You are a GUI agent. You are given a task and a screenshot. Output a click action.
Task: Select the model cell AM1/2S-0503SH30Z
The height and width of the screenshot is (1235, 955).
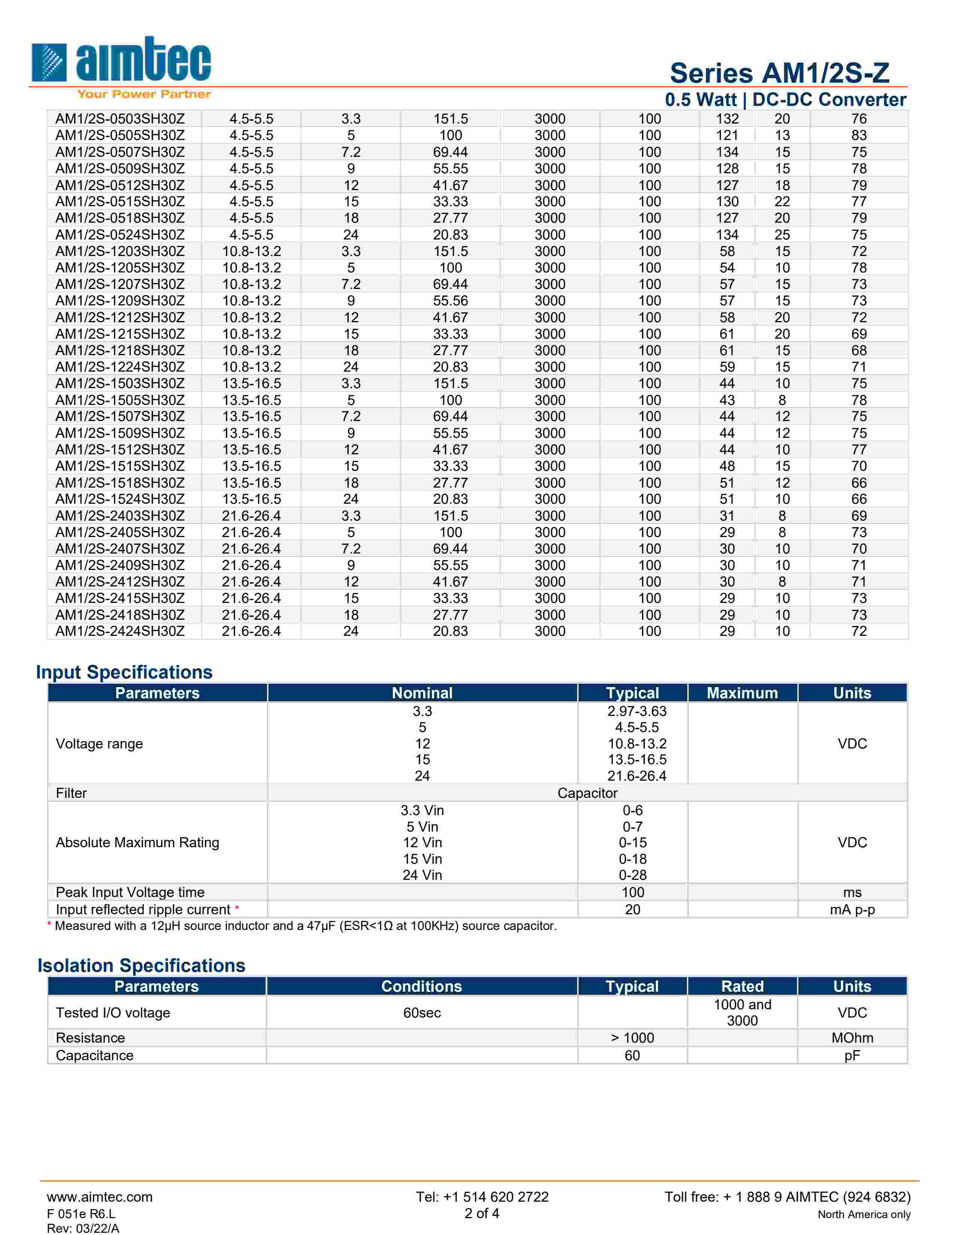pyautogui.click(x=120, y=119)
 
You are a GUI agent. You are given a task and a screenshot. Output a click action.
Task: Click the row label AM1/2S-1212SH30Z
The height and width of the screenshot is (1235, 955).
pyautogui.click(x=120, y=317)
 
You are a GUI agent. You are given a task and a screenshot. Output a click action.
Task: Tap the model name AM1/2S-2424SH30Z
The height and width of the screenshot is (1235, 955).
pyautogui.click(x=120, y=631)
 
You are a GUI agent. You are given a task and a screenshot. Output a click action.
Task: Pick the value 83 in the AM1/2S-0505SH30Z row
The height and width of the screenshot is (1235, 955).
pyautogui.click(x=859, y=135)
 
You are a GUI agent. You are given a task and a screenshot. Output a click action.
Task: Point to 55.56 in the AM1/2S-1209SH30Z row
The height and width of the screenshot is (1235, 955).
pyautogui.click(x=450, y=301)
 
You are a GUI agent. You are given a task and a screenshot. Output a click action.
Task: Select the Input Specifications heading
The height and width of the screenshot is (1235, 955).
pyautogui.click(x=124, y=672)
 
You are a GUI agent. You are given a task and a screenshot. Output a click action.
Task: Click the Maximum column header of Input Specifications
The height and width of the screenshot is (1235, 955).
pyautogui.click(x=742, y=693)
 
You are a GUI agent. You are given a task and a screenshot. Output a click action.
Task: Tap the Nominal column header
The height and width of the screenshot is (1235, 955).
pyautogui.click(x=422, y=693)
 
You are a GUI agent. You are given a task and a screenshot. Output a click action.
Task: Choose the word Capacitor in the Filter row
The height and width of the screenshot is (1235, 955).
pyautogui.click(x=587, y=793)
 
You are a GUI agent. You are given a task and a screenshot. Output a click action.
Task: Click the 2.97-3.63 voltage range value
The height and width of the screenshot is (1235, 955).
pyautogui.click(x=637, y=711)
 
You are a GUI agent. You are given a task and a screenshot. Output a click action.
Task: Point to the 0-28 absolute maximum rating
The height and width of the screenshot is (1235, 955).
pyautogui.click(x=633, y=875)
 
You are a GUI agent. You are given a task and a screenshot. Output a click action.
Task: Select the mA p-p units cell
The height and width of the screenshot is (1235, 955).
pyautogui.click(x=852, y=909)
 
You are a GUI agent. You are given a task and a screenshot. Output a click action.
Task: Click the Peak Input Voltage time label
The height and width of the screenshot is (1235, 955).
pyautogui.click(x=130, y=892)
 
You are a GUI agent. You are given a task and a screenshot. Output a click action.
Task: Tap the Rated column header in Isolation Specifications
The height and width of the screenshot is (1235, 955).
pyautogui.click(x=742, y=986)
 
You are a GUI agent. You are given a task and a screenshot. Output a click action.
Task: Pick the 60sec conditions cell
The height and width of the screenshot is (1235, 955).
pyautogui.click(x=422, y=1013)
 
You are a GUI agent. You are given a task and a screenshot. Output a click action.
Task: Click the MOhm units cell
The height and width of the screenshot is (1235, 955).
pyautogui.click(x=852, y=1038)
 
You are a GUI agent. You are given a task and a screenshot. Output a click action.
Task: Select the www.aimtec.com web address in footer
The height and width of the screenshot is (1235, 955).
pyautogui.click(x=100, y=1197)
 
